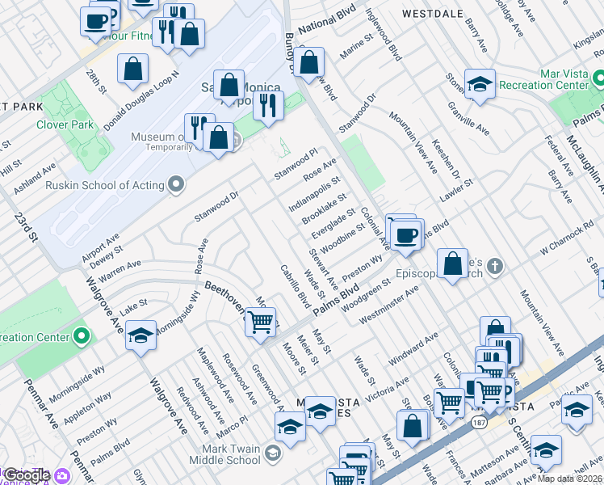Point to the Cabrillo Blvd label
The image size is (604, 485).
(294, 286)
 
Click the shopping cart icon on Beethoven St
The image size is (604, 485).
(259, 323)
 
